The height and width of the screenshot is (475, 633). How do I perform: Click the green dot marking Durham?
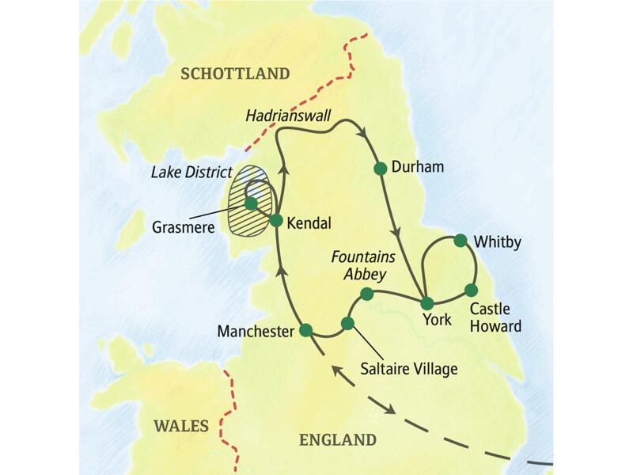coord(380,168)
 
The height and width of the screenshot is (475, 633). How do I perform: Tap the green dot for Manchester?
coord(305,330)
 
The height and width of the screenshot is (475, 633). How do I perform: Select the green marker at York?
coord(426,303)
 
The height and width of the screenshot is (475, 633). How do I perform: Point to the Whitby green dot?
coord(460,241)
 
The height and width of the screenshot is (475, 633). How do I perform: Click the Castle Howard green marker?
coord(471,290)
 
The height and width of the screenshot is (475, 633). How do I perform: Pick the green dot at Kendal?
coord(276,221)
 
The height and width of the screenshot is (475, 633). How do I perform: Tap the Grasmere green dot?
coord(251,204)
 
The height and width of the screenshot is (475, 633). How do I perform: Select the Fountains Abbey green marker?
coord(366,294)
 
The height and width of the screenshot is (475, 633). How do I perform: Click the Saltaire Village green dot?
coord(347,323)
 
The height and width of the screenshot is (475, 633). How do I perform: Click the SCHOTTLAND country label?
coord(235,74)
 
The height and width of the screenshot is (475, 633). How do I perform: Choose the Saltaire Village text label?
coord(408,368)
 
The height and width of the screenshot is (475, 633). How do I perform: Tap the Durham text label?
coord(419,168)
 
